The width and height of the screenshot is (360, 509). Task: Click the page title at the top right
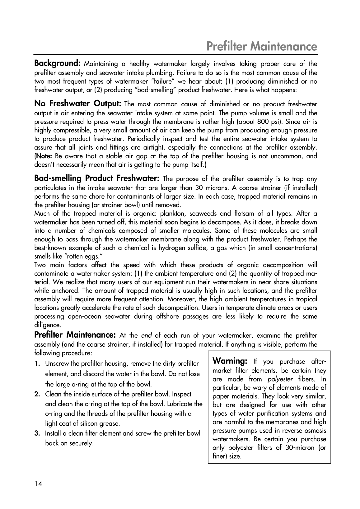coord(262,47)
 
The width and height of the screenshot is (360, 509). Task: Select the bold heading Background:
coord(58,63)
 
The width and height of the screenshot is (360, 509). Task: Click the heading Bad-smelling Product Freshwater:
coord(97,179)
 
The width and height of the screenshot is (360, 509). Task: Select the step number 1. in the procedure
coord(37,363)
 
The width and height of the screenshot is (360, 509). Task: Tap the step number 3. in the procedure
coord(37,433)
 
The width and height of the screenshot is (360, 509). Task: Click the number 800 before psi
coord(254,121)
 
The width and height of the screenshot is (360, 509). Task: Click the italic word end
coord(147,335)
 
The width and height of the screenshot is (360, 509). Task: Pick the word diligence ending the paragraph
coord(47,325)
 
